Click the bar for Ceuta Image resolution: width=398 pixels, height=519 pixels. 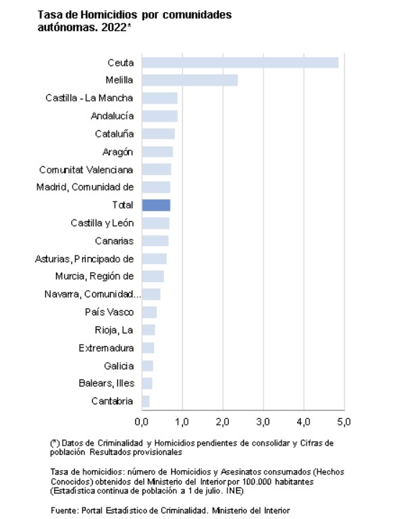240,63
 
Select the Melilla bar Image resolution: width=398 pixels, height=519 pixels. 190,80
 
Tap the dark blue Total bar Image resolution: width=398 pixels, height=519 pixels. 156,205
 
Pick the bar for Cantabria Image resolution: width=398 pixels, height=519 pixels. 146,401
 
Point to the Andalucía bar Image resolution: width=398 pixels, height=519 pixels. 160,116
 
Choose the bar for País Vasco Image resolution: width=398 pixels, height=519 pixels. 150,312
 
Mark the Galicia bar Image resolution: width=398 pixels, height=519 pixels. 148,366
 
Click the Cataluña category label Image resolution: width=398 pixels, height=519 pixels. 114,134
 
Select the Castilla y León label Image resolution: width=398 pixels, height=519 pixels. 102,223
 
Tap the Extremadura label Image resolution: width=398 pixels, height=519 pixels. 107,348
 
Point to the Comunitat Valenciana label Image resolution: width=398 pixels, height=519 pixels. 86,170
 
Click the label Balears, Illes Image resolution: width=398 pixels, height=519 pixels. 107,383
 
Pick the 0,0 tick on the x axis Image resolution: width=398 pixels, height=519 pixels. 142,422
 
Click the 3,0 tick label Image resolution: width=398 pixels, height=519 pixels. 263,422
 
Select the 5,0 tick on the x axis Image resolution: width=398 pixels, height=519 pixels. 344,422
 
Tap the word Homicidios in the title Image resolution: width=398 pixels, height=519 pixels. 109,15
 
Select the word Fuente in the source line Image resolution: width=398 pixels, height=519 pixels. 65,511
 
